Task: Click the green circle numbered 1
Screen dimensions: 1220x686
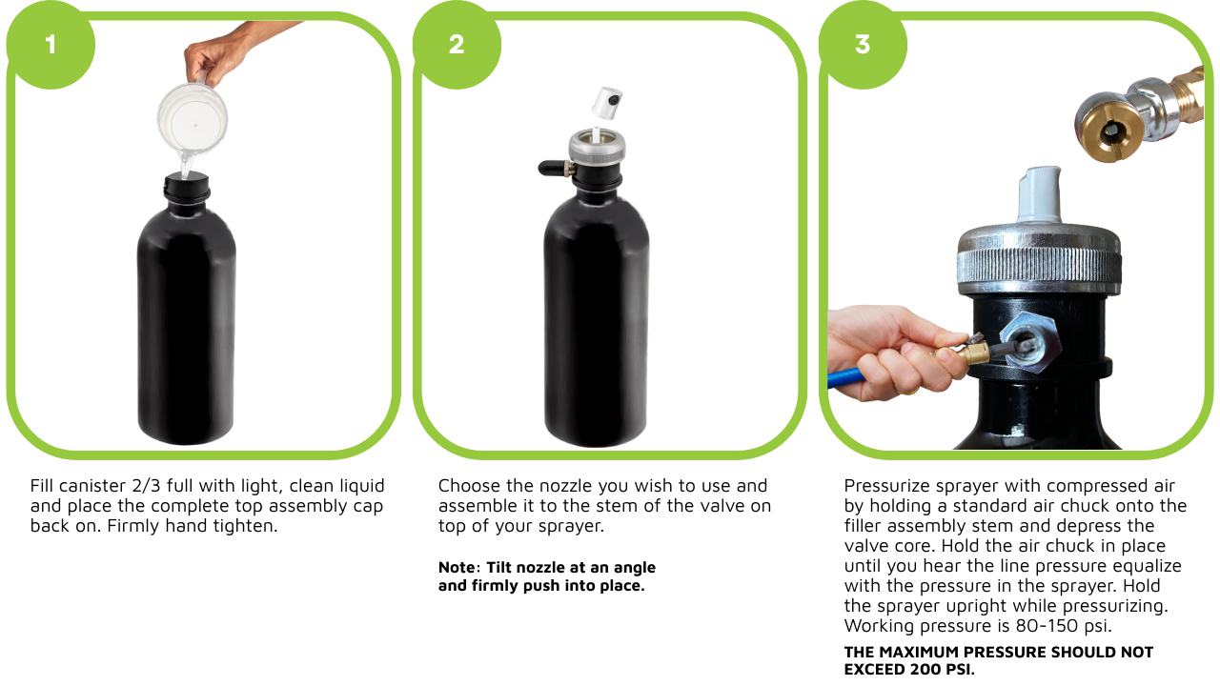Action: pyautogui.click(x=51, y=45)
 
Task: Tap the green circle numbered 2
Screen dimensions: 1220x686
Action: pyautogui.click(x=457, y=45)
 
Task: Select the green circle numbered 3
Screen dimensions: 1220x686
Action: pyautogui.click(x=863, y=45)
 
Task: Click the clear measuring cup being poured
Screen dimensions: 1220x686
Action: pyautogui.click(x=192, y=123)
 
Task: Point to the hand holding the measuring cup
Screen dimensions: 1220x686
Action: pyautogui.click(x=218, y=60)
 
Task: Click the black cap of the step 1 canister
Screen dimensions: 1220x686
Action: pyautogui.click(x=187, y=189)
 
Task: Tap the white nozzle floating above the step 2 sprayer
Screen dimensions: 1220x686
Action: pyautogui.click(x=607, y=103)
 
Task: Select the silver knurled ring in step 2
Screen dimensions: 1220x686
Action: pyautogui.click(x=597, y=147)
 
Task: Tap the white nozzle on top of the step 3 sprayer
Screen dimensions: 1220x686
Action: pyautogui.click(x=1039, y=194)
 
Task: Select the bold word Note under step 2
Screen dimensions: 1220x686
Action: pyautogui.click(x=457, y=567)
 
